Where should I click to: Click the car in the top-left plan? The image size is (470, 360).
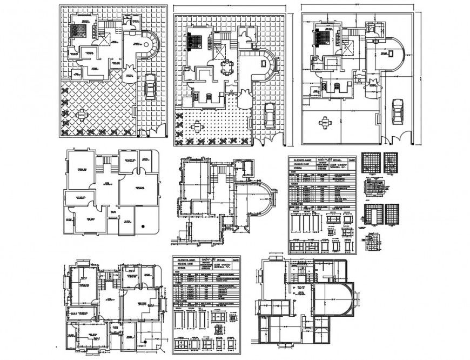coord(150,86)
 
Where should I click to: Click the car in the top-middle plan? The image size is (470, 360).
coord(268,117)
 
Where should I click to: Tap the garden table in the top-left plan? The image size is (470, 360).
coord(82,115)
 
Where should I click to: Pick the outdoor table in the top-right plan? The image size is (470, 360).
coord(325,123)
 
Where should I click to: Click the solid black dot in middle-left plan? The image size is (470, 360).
coord(143,226)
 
